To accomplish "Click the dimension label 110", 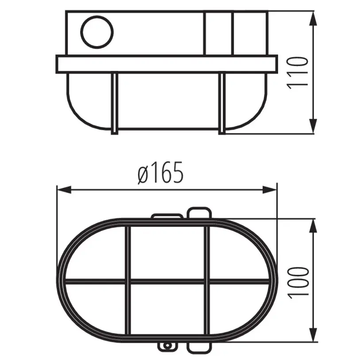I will [297, 73].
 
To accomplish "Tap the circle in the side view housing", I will [97, 31].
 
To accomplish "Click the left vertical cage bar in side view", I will [114, 103].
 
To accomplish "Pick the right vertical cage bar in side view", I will [222, 103].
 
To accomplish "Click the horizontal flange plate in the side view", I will [166, 64].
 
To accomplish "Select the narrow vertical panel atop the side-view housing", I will [219, 33].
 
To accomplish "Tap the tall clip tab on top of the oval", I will [198, 213].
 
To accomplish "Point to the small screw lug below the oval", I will [168, 345].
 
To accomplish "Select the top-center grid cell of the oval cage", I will [167, 253].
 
